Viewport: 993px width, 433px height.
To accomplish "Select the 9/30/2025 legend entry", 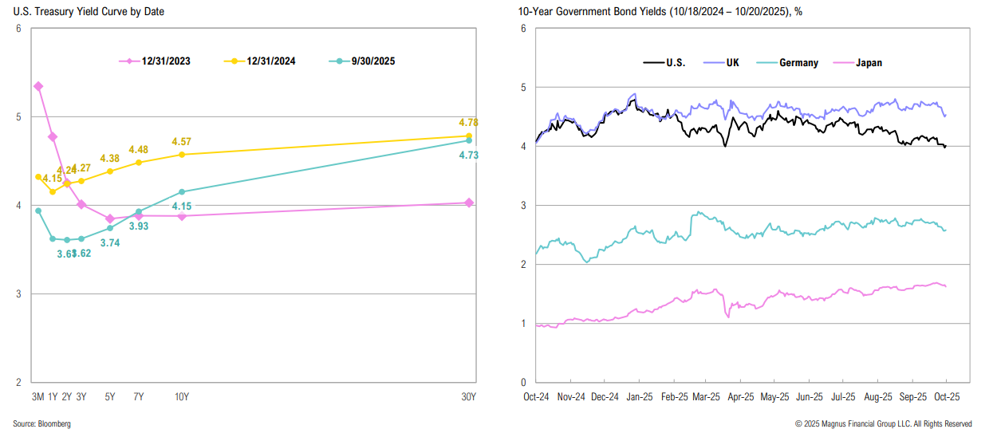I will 364,61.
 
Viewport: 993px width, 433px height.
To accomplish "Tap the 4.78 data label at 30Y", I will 468,122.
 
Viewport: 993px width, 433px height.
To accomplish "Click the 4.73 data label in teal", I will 468,155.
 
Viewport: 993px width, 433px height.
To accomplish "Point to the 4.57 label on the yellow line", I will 181,141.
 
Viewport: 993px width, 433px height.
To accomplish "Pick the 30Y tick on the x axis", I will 468,397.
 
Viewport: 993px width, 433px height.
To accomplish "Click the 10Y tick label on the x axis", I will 182,397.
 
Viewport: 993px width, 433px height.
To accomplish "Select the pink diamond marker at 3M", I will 38,86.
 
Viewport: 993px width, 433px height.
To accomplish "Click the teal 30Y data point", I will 469,140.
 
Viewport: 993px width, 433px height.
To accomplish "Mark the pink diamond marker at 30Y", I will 469,203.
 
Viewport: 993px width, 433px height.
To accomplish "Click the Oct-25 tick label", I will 947,396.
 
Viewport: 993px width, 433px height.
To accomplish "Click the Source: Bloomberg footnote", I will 41,424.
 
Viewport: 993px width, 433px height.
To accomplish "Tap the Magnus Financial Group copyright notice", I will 883,424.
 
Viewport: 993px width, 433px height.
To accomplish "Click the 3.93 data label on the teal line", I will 139,226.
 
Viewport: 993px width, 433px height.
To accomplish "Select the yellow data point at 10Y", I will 182,154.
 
